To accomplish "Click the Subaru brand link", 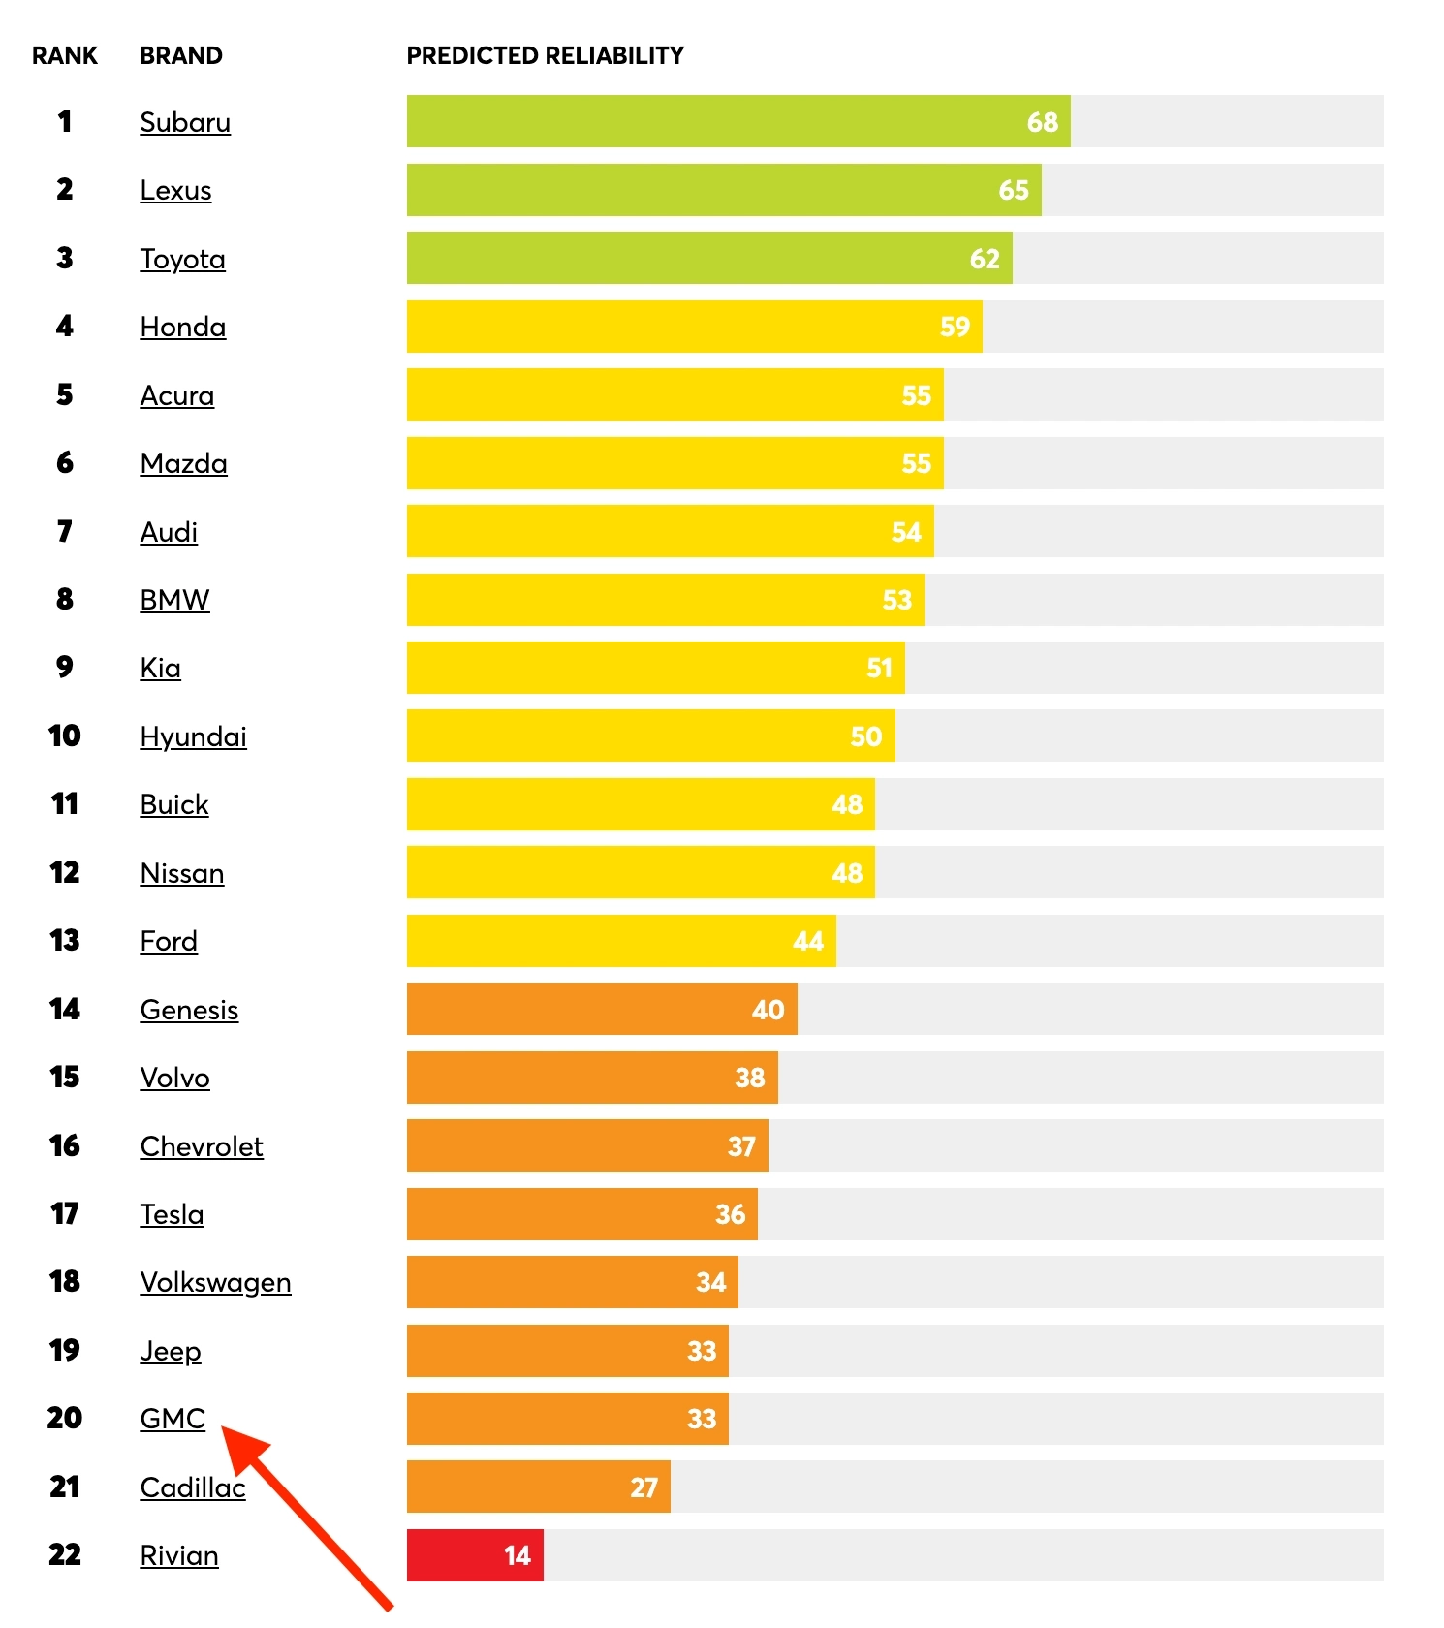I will pos(185,122).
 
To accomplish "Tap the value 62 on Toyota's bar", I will pos(985,259).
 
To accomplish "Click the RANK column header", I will pos(65,56).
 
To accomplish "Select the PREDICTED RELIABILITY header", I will pos(545,56).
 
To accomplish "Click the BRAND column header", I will pos(181,56).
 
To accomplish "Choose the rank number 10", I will pos(65,736).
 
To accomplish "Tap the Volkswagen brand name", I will pos(215,1283).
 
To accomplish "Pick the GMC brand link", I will pos(173,1419).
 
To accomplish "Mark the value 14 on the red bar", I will pos(518,1555).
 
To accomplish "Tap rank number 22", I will pos(65,1555).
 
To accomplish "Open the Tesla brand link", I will pos(172,1214).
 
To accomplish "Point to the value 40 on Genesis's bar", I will pos(768,1010).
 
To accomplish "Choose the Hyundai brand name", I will pos(193,737).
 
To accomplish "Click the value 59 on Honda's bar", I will pos(955,327).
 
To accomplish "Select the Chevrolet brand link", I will pos(202,1146).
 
